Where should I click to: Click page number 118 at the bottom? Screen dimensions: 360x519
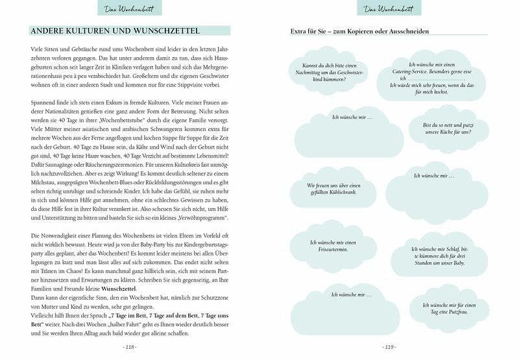[129, 347]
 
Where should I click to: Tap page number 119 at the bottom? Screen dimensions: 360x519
[389, 347]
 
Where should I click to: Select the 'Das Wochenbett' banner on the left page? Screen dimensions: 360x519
[129, 8]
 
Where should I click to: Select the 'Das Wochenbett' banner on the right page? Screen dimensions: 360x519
[389, 8]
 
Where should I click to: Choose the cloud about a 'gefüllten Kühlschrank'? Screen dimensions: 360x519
[333, 189]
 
